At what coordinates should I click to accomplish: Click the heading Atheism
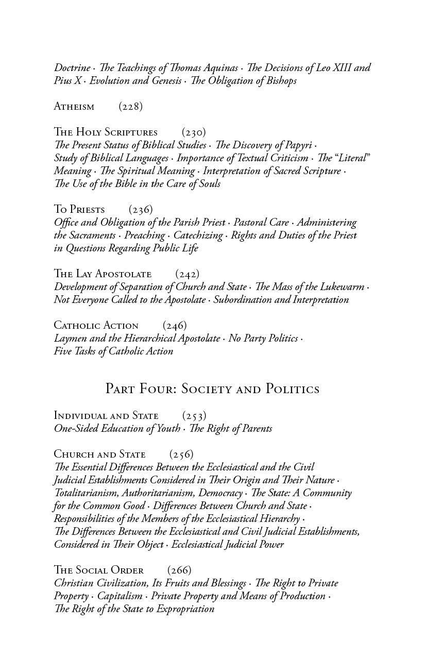pos(74,107)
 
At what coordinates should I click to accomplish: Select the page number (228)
pos(130,107)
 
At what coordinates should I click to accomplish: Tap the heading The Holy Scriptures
pos(106,132)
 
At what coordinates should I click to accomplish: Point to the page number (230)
pos(194,132)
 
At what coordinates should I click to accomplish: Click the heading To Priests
pos(79,210)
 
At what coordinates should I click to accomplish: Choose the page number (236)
pos(141,210)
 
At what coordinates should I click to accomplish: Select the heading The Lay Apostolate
pos(103,274)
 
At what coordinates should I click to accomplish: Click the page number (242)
pos(187,274)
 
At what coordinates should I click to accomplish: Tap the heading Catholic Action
pos(96,326)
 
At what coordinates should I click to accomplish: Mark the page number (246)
pos(175,326)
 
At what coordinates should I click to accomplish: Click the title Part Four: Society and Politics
pos(212,389)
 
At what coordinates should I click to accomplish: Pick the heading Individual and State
pos(106,416)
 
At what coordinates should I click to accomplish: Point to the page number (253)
pos(194,416)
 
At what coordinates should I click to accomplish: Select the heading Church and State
pos(100,454)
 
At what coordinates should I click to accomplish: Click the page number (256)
pos(181,454)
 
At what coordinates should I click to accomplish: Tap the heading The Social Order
pos(99,570)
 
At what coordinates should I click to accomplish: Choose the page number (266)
pos(179,570)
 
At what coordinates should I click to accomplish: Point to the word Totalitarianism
pos(87,493)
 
